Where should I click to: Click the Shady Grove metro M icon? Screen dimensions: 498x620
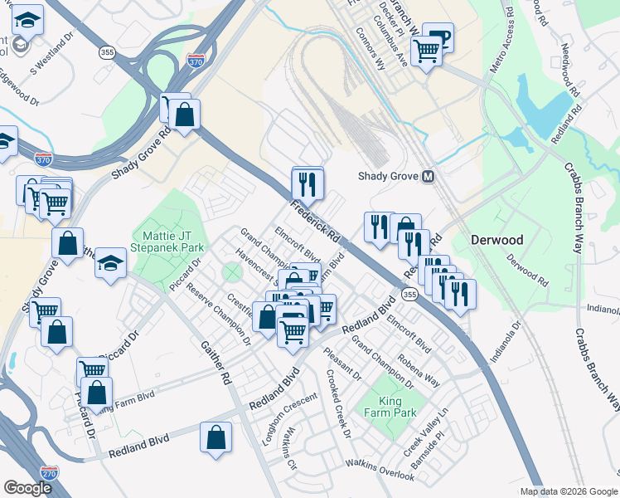coord(429,176)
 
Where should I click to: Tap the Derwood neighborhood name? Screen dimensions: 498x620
coord(497,240)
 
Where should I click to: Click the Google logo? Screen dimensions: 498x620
coord(27,488)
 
